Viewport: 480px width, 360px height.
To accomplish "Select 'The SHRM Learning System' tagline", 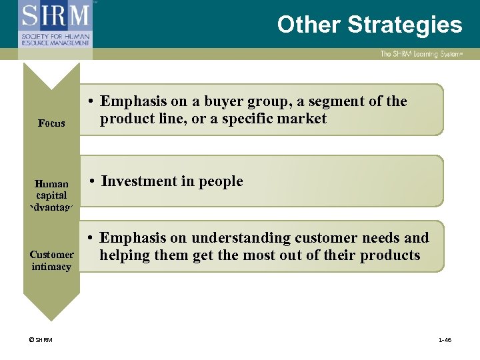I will coord(420,54).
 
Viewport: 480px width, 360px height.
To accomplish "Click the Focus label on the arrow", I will coord(51,123).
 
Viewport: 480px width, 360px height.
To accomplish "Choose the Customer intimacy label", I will coord(51,261).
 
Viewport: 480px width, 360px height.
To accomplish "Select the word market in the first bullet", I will coord(304,119).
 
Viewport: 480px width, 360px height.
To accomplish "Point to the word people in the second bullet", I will coord(221,181).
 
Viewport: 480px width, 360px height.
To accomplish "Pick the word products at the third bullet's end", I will coord(389,255).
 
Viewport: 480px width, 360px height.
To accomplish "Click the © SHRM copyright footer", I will coord(40,340).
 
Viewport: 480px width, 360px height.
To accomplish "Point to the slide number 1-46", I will coord(444,340).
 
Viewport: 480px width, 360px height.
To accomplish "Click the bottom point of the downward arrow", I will coord(51,319).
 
